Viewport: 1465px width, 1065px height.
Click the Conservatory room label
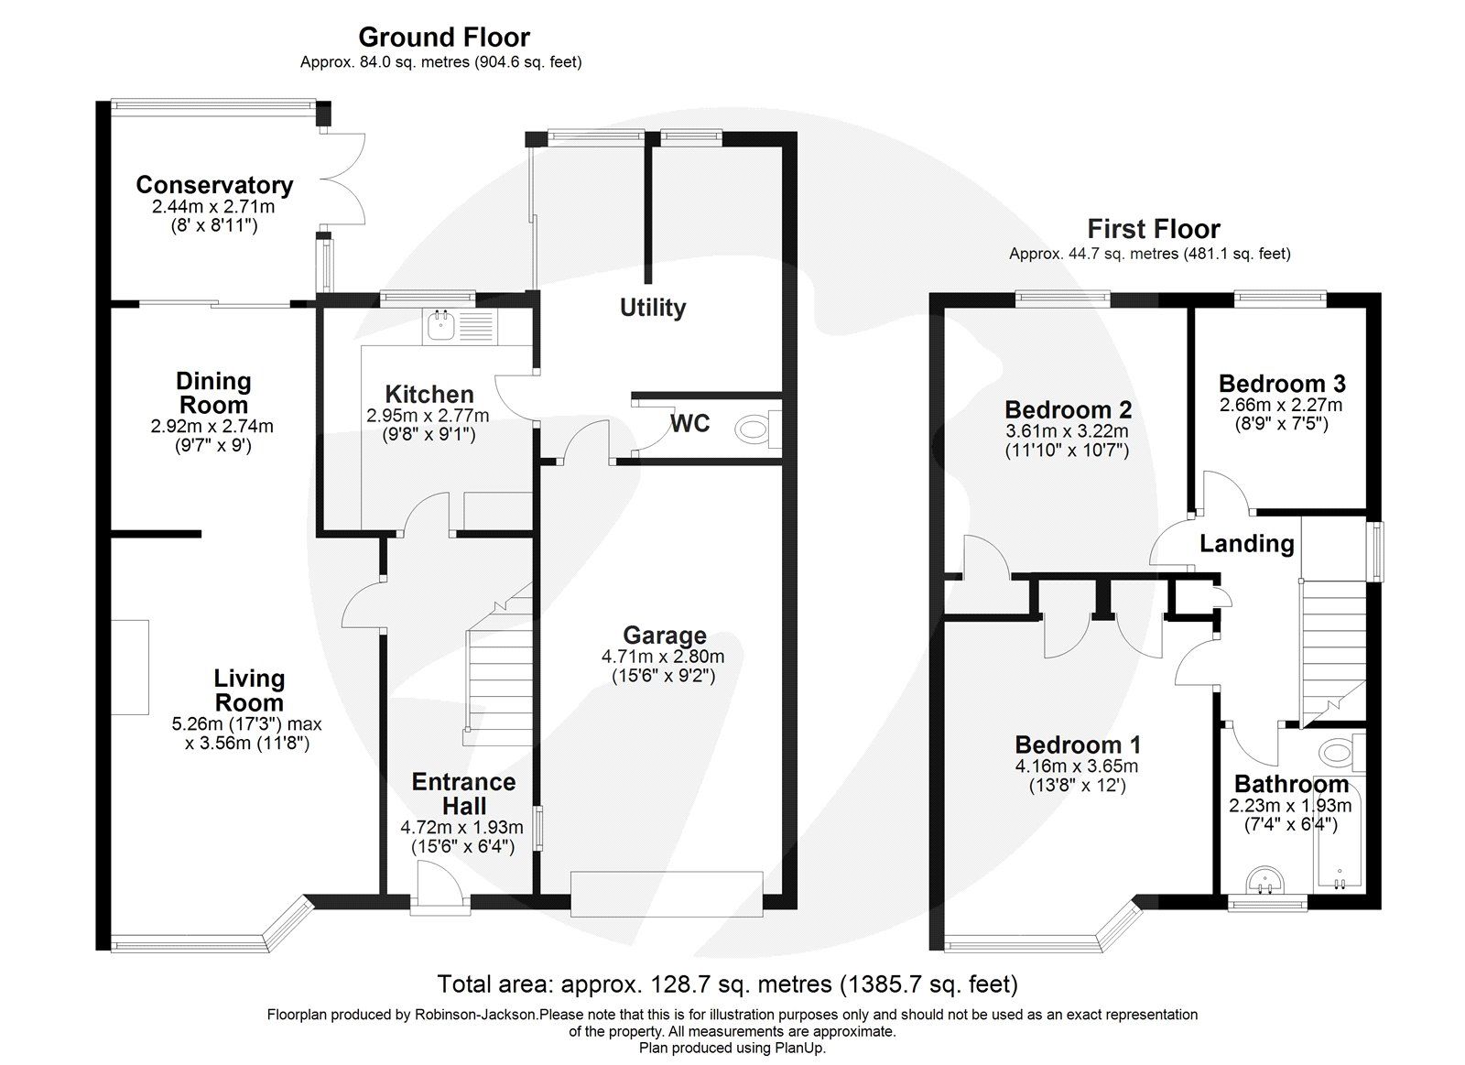(x=214, y=185)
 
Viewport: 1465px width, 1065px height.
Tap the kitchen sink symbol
(x=440, y=321)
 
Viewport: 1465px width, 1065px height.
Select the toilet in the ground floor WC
(x=754, y=428)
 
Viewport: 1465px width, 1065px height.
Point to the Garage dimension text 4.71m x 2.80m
(x=663, y=657)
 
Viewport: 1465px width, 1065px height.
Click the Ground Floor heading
(x=443, y=38)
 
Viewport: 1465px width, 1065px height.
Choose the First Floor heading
(x=1153, y=229)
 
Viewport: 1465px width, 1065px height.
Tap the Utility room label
(x=652, y=308)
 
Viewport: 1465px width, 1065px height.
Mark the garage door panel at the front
(x=667, y=893)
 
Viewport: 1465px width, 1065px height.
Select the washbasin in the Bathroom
(x=1268, y=881)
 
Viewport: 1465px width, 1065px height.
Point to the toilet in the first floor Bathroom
(x=1339, y=754)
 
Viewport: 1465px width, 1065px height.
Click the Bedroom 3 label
(x=1281, y=384)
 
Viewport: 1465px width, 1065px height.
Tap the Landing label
(x=1246, y=544)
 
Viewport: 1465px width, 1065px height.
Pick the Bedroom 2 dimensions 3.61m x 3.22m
(x=1068, y=431)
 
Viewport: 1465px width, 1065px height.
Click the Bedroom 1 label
(x=1077, y=744)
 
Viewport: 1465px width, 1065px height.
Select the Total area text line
(x=727, y=984)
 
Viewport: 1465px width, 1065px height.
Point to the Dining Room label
(x=212, y=393)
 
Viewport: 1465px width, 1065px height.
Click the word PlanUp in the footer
(x=801, y=1048)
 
